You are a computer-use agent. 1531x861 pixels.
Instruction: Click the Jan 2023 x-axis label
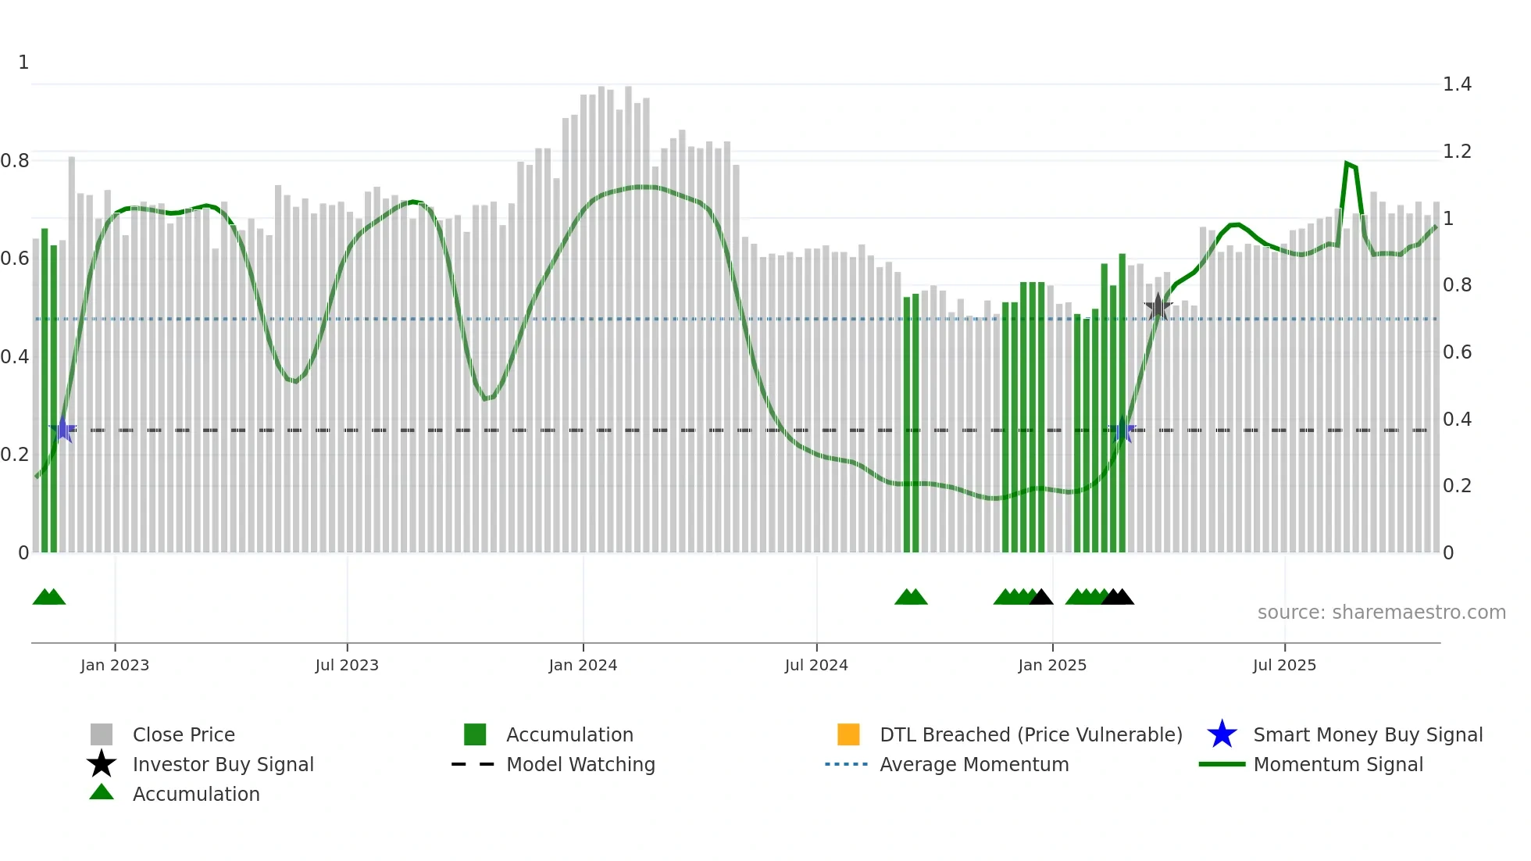(x=115, y=665)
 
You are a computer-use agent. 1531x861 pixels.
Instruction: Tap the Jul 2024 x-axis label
(x=816, y=665)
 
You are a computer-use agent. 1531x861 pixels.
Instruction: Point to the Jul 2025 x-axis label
(x=1284, y=665)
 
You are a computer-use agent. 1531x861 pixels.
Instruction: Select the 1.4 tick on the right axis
(x=1457, y=84)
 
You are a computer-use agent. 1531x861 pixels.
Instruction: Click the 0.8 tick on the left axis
(x=15, y=160)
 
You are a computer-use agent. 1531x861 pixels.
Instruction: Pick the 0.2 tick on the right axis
(x=1457, y=486)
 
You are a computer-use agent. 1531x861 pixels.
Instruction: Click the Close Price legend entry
(x=184, y=734)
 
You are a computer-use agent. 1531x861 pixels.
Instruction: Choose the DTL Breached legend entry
(x=1030, y=734)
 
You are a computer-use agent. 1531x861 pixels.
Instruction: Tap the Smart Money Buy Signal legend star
(x=1222, y=734)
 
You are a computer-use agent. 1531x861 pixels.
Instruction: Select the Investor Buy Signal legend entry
(x=223, y=764)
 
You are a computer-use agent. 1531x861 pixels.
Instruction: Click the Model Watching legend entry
(x=580, y=764)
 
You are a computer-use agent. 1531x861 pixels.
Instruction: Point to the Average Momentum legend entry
(x=973, y=764)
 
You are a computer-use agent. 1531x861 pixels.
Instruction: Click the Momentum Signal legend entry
(x=1337, y=764)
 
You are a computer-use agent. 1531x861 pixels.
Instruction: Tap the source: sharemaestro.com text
(x=1381, y=612)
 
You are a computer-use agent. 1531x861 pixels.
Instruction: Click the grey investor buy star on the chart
(x=1158, y=307)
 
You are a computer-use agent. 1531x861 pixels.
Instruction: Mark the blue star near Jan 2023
(x=62, y=430)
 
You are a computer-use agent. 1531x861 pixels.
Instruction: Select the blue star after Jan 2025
(x=1122, y=430)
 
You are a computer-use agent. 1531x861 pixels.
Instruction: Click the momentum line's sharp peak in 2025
(x=1347, y=163)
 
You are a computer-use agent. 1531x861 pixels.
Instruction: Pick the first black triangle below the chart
(x=1041, y=598)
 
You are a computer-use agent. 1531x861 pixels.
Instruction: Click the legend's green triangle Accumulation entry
(x=195, y=794)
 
